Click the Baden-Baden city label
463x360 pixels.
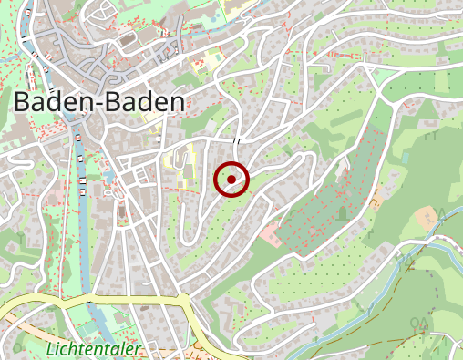(99, 102)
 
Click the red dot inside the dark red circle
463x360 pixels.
(231, 180)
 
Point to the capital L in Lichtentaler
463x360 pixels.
(48, 349)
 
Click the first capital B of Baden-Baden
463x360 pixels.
(25, 102)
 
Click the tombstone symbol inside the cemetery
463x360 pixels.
(342, 213)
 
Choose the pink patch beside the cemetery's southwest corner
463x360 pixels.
(271, 233)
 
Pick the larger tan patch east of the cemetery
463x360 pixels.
(427, 218)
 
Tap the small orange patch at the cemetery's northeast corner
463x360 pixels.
(376, 198)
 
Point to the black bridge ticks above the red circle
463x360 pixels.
(237, 139)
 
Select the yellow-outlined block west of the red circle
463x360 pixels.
(183, 169)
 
